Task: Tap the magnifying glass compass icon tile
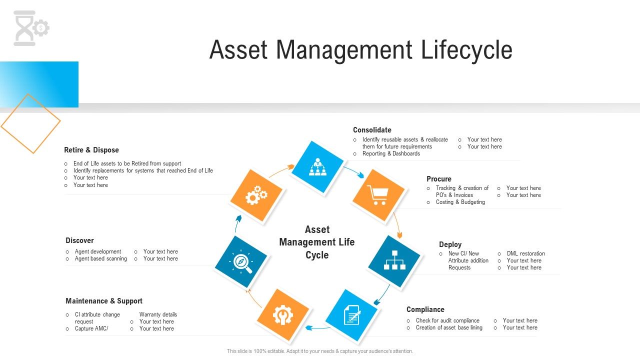[241, 262]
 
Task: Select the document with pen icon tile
[352, 316]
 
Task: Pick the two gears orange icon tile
[256, 195]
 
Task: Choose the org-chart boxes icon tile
[394, 261]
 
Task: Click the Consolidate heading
[372, 130]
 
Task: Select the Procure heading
[438, 179]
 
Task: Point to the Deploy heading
[450, 244]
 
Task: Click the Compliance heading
[425, 309]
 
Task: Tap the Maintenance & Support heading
[104, 301]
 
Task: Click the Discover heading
[79, 240]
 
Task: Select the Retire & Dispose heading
[91, 150]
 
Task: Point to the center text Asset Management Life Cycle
[317, 242]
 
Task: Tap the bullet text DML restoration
[525, 253]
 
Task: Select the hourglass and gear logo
[31, 28]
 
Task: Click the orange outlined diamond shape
[31, 123]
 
